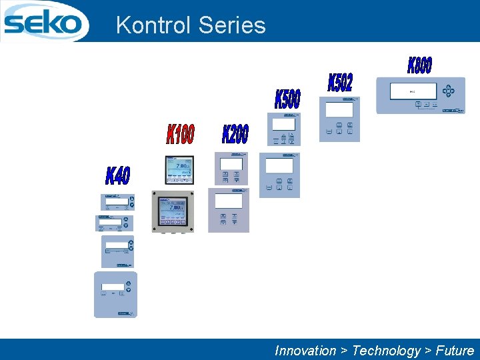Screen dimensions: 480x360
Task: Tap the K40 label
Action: [x=118, y=176]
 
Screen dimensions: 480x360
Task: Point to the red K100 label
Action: [x=180, y=133]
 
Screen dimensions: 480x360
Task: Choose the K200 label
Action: [x=235, y=133]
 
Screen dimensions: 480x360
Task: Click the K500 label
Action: [x=287, y=99]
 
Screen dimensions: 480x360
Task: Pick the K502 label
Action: [x=340, y=82]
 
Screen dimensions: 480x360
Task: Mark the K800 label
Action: [x=419, y=65]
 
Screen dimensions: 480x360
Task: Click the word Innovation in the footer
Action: [x=306, y=351]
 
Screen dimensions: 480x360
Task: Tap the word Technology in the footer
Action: [x=386, y=351]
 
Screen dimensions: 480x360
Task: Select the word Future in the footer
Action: [x=455, y=351]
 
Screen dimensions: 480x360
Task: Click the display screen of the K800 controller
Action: [x=413, y=91]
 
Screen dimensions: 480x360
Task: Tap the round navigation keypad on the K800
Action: [x=450, y=91]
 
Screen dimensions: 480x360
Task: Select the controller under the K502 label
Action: [x=339, y=119]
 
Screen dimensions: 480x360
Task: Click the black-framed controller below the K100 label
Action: [x=179, y=170]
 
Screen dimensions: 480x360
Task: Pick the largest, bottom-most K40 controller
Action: [x=115, y=294]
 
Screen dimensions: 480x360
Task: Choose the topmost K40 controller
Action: [x=117, y=203]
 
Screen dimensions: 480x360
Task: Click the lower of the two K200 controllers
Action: [x=229, y=209]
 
